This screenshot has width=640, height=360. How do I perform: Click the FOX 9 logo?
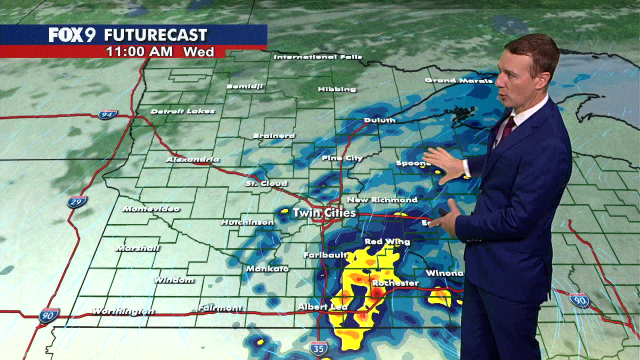point(72,35)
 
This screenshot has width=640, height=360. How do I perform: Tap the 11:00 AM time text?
point(139,51)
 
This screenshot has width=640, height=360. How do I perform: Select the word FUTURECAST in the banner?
point(155,35)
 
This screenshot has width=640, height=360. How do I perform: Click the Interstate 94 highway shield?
point(107,114)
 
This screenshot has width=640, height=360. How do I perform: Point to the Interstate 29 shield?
point(77,201)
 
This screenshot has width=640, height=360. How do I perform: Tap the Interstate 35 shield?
point(318,348)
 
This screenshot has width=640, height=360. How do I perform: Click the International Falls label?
point(318,57)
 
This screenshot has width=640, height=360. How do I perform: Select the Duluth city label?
point(380,120)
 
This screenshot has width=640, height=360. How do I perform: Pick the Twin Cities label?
point(324,212)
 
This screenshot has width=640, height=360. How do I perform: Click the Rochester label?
point(395,283)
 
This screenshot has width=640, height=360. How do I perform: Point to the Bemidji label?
point(244,86)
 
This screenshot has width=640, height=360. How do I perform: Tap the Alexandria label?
point(192,159)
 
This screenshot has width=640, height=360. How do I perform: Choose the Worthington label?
point(123,311)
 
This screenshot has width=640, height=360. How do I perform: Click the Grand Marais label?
point(458,80)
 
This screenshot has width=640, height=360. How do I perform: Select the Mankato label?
point(267,268)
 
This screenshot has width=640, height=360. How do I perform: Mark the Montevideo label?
point(150,208)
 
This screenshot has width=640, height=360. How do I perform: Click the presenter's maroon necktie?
point(508,126)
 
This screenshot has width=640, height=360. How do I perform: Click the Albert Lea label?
point(322,306)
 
